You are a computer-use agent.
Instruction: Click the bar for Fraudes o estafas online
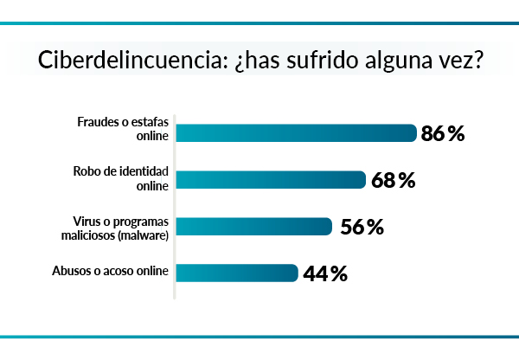coord(297,132)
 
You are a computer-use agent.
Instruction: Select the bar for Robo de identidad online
coord(272,180)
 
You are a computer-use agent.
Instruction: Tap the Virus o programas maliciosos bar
coord(254,227)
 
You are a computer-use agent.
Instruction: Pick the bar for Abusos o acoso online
coord(238,273)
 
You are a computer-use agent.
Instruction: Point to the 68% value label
coord(394,180)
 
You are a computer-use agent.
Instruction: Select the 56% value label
coord(362,227)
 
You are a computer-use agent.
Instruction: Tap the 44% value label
coord(326,274)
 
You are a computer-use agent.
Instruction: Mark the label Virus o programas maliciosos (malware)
coord(119,227)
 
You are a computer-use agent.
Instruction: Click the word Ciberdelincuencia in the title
coord(131,62)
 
